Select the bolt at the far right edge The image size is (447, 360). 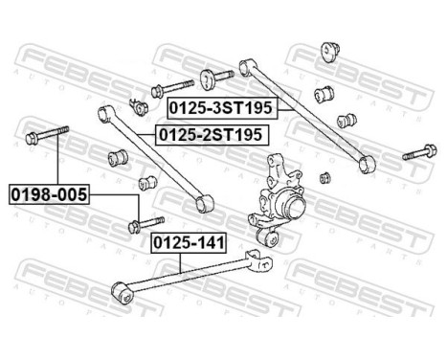(419, 152)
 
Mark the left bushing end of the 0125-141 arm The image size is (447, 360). (120, 287)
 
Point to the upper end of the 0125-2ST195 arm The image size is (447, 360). (101, 113)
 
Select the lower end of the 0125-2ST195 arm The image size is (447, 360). (201, 204)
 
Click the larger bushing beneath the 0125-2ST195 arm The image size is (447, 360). (122, 155)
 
